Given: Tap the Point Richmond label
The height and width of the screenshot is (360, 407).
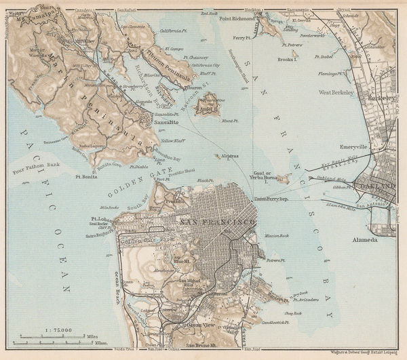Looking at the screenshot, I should click(x=236, y=19).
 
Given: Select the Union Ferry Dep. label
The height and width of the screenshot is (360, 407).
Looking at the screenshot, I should click(x=271, y=199).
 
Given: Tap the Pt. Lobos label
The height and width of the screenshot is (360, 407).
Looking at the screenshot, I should click(x=102, y=219).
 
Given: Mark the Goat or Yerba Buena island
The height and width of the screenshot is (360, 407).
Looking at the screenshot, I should click(x=282, y=179).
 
